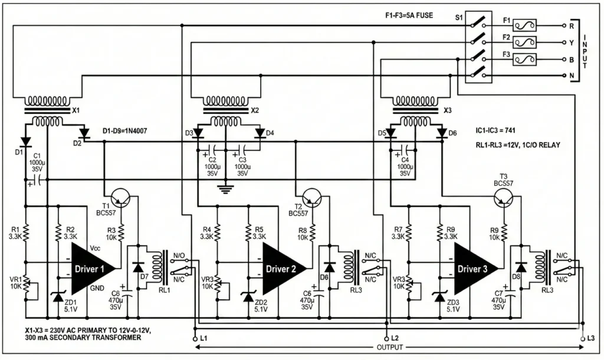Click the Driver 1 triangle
pyautogui.click(x=91, y=269)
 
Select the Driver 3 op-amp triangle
pyautogui.click(x=474, y=269)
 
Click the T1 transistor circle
pyautogui.click(x=121, y=199)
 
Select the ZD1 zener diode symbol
pyautogui.click(x=58, y=297)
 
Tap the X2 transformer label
pyautogui.click(x=255, y=110)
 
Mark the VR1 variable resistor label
pyautogui.click(x=14, y=279)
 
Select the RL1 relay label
pyautogui.click(x=164, y=290)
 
